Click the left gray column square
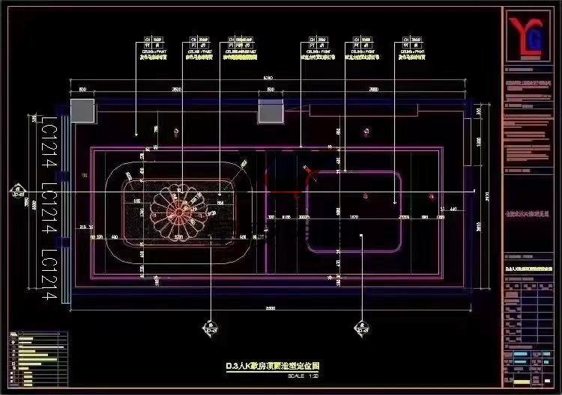[x=82, y=109]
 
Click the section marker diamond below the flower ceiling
[x=208, y=327]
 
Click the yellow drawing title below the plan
[x=273, y=367]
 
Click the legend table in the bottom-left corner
[x=38, y=360]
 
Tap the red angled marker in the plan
[x=311, y=174]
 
